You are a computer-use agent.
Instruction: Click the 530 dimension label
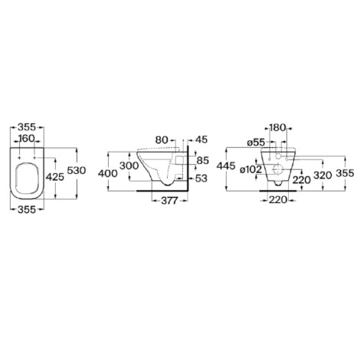point(77,170)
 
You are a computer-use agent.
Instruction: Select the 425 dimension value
point(55,177)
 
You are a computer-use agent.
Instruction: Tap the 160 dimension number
point(27,139)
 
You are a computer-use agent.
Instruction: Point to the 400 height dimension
point(108,174)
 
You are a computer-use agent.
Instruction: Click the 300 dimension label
point(129,166)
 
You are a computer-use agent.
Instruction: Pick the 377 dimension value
point(169,201)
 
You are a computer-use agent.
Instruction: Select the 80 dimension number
point(162,140)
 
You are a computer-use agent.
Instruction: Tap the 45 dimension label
point(201,140)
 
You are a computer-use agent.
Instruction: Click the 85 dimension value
point(203,161)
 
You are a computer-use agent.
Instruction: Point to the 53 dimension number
point(201,178)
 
